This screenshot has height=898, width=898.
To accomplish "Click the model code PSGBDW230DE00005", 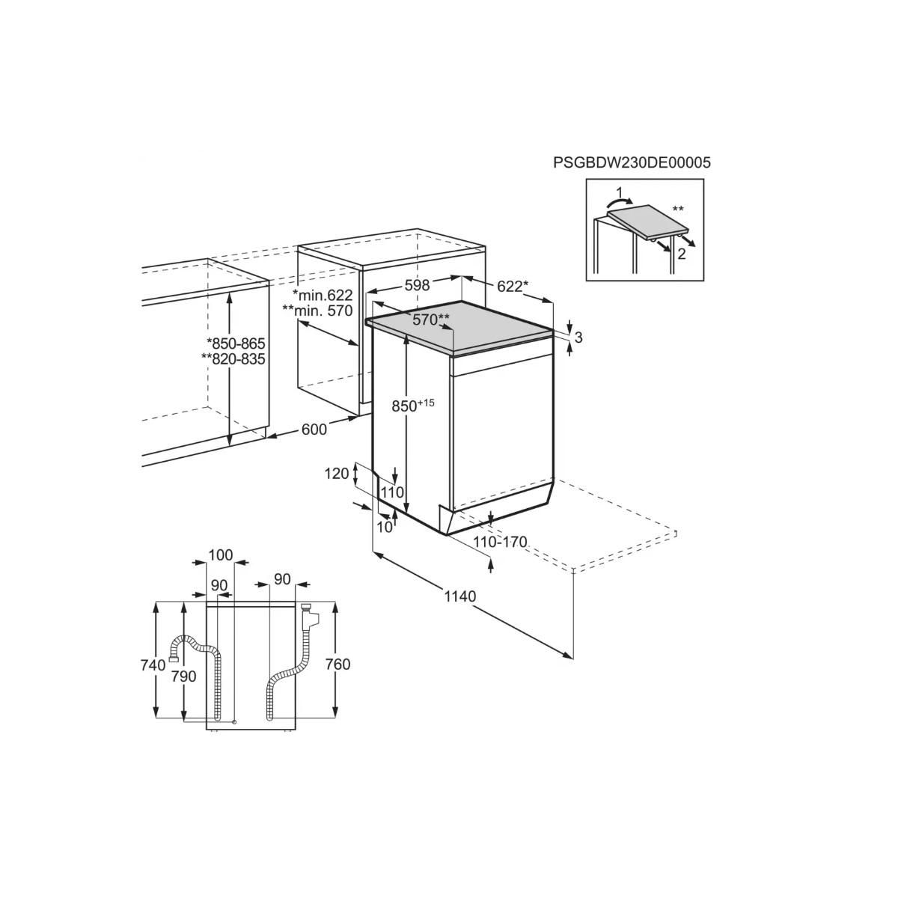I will (632, 162).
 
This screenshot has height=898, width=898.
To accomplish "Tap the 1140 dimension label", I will (459, 596).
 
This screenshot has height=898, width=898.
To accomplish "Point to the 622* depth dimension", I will (513, 285).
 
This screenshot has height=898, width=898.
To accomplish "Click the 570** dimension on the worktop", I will (431, 320).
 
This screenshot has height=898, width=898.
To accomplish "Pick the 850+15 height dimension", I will (413, 406).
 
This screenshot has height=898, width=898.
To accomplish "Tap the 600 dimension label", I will (314, 429).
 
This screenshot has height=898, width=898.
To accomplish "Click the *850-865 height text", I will (236, 343).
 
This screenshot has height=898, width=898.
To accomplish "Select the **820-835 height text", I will (233, 358).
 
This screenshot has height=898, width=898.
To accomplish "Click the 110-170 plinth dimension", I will (501, 542).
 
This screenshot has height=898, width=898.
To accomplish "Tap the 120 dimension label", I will (337, 473).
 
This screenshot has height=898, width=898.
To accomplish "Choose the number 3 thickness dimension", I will (578, 337).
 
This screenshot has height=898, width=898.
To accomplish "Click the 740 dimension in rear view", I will (152, 665).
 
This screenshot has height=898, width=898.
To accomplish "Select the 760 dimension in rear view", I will (338, 664).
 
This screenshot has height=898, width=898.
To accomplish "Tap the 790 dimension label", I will (183, 676).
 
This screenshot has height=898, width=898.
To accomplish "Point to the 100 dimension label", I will (220, 555).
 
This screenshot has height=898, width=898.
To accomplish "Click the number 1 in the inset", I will (618, 192).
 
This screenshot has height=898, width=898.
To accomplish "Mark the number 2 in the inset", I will (681, 254).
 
